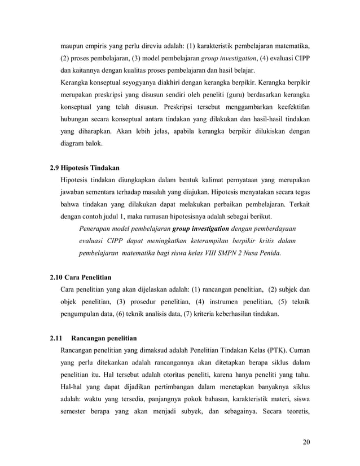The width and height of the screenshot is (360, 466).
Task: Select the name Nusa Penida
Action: (261, 253)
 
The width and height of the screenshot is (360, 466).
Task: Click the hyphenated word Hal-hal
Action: (72, 389)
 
